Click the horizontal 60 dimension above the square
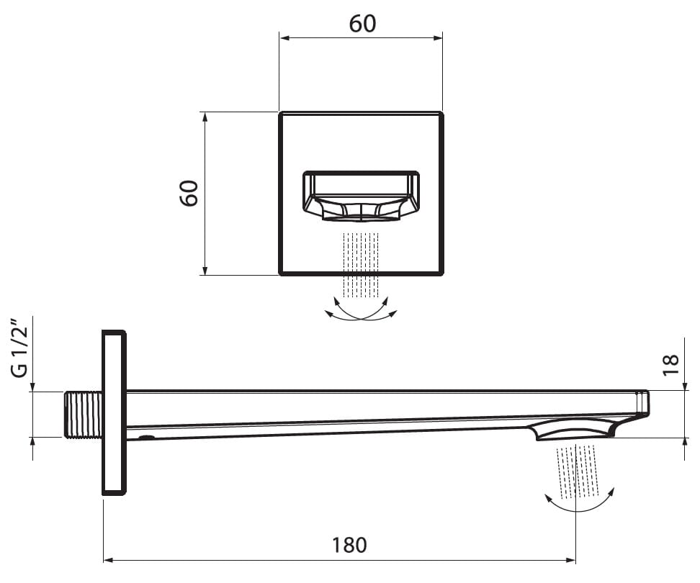pos(362,24)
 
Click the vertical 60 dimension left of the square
pos(189,193)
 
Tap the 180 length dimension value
pos(349,545)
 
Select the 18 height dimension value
pos(670,365)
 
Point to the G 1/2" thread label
pos(20,348)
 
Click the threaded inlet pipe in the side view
pos(84,415)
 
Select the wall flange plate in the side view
pos(115,412)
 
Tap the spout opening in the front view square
pos(361,196)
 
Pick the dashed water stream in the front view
pos(360,265)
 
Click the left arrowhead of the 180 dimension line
pos(108,560)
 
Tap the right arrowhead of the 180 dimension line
pos(570,560)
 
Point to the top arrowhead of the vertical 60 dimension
pos(205,117)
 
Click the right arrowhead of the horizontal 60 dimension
pos(437,38)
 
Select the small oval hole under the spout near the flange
pos(147,437)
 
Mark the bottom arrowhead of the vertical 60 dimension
pos(205,270)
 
